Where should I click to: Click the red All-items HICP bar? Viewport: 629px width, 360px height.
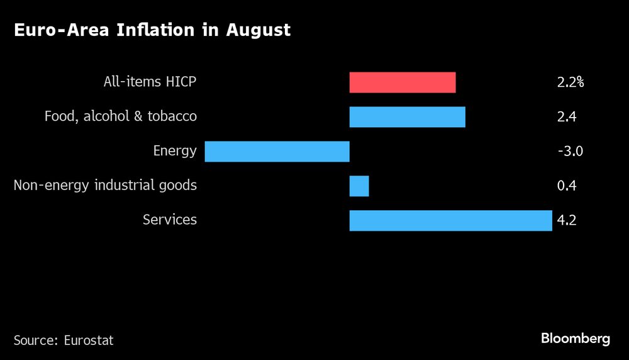[403, 82]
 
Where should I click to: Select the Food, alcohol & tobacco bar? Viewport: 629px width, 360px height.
[407, 117]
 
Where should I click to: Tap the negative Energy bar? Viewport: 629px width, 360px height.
[277, 152]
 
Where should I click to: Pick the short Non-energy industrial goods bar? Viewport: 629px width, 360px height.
[359, 186]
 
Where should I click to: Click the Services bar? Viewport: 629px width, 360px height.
[450, 220]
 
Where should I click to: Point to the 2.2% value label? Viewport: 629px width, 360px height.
[571, 82]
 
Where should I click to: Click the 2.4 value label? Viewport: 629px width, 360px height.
[567, 116]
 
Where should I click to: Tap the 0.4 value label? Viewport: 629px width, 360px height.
[567, 186]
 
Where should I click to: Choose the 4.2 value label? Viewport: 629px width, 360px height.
[567, 220]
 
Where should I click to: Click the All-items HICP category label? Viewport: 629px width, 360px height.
[150, 82]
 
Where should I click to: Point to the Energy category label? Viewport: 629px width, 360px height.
[174, 152]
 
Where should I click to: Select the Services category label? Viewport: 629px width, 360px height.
[169, 220]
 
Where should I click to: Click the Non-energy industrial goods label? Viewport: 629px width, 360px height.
[105, 186]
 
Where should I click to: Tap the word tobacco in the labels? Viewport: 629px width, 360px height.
[172, 116]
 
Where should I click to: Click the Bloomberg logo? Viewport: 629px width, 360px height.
[576, 339]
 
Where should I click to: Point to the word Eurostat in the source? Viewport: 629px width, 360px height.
[89, 340]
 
